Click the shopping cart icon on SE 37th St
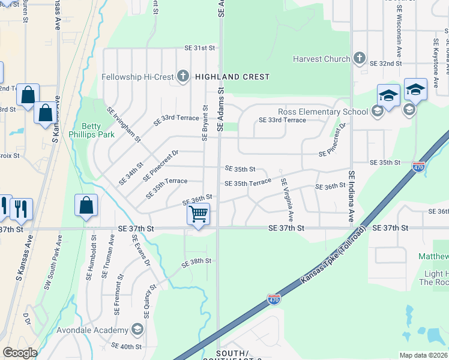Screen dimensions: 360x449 pyautogui.click(x=198, y=214)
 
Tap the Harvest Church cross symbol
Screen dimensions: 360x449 pyautogui.click(x=359, y=58)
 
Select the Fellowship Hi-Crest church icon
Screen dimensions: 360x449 pyautogui.click(x=182, y=77)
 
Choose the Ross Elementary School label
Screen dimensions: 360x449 pyautogui.click(x=323, y=112)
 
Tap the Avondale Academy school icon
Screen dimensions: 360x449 pyautogui.click(x=137, y=329)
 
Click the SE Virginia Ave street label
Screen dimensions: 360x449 pyautogui.click(x=287, y=200)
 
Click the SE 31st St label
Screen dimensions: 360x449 pyautogui.click(x=199, y=48)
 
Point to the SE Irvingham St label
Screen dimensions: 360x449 pyautogui.click(x=124, y=125)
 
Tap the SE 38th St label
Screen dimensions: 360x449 pyautogui.click(x=196, y=261)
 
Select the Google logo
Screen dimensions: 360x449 pyautogui.click(x=20, y=353)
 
